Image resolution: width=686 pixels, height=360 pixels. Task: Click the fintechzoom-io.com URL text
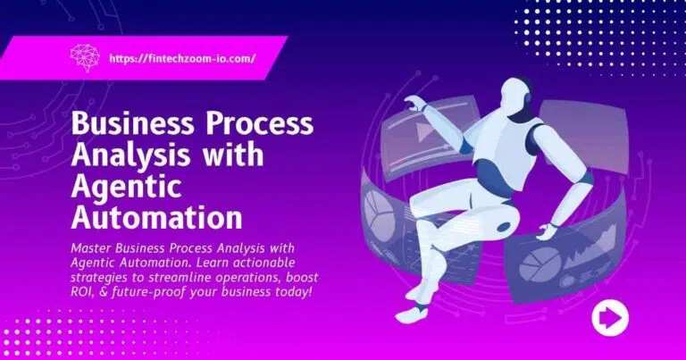181,58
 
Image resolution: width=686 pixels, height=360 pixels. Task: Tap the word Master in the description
96,247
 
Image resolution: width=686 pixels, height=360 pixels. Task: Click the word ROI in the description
86,281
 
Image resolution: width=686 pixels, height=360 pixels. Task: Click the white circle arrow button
610,317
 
